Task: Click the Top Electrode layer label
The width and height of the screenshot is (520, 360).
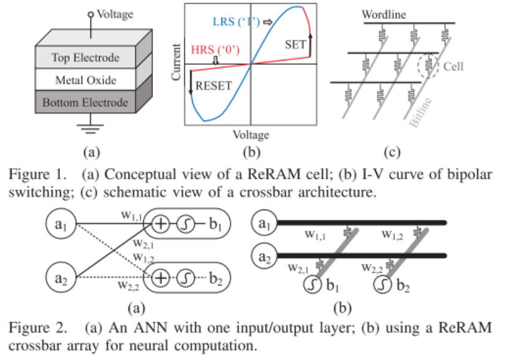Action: (84, 58)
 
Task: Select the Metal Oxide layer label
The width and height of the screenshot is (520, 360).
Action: (85, 80)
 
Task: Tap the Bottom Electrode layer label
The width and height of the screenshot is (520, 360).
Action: (85, 102)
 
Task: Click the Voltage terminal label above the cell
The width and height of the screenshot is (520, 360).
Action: (114, 13)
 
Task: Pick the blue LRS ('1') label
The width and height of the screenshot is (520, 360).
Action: (237, 22)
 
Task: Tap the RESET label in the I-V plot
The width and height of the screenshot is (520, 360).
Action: (214, 86)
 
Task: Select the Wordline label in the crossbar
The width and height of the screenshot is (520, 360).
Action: (384, 15)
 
